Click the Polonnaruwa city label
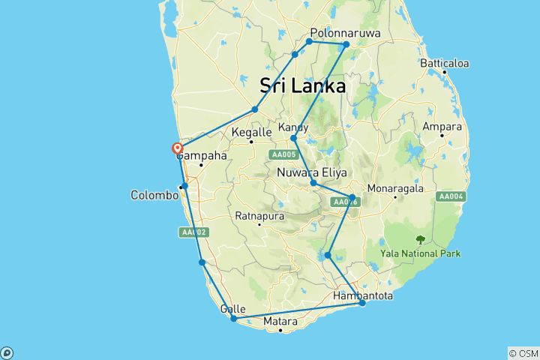tap(346, 34)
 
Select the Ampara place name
tap(442, 127)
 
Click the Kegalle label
tap(250, 130)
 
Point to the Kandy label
tap(293, 127)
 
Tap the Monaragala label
tap(394, 188)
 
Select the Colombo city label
tap(154, 195)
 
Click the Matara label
tap(280, 322)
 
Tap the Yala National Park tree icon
tap(420, 240)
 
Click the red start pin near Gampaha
tap(178, 148)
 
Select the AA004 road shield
tap(451, 196)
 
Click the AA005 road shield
tap(283, 155)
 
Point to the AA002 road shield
tap(193, 232)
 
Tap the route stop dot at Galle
tap(234, 319)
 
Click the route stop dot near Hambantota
tap(362, 303)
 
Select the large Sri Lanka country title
tap(302, 85)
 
